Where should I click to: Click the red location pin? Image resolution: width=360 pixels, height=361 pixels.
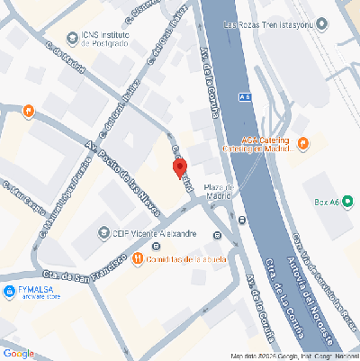179,168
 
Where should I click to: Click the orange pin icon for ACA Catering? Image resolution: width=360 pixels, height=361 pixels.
303,142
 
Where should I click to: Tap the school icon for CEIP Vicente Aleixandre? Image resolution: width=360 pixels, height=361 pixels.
102,233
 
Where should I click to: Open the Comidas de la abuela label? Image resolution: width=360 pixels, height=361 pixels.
184,260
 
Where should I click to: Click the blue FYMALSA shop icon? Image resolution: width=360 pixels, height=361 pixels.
10,290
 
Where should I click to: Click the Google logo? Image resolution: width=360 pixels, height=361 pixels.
18,353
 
